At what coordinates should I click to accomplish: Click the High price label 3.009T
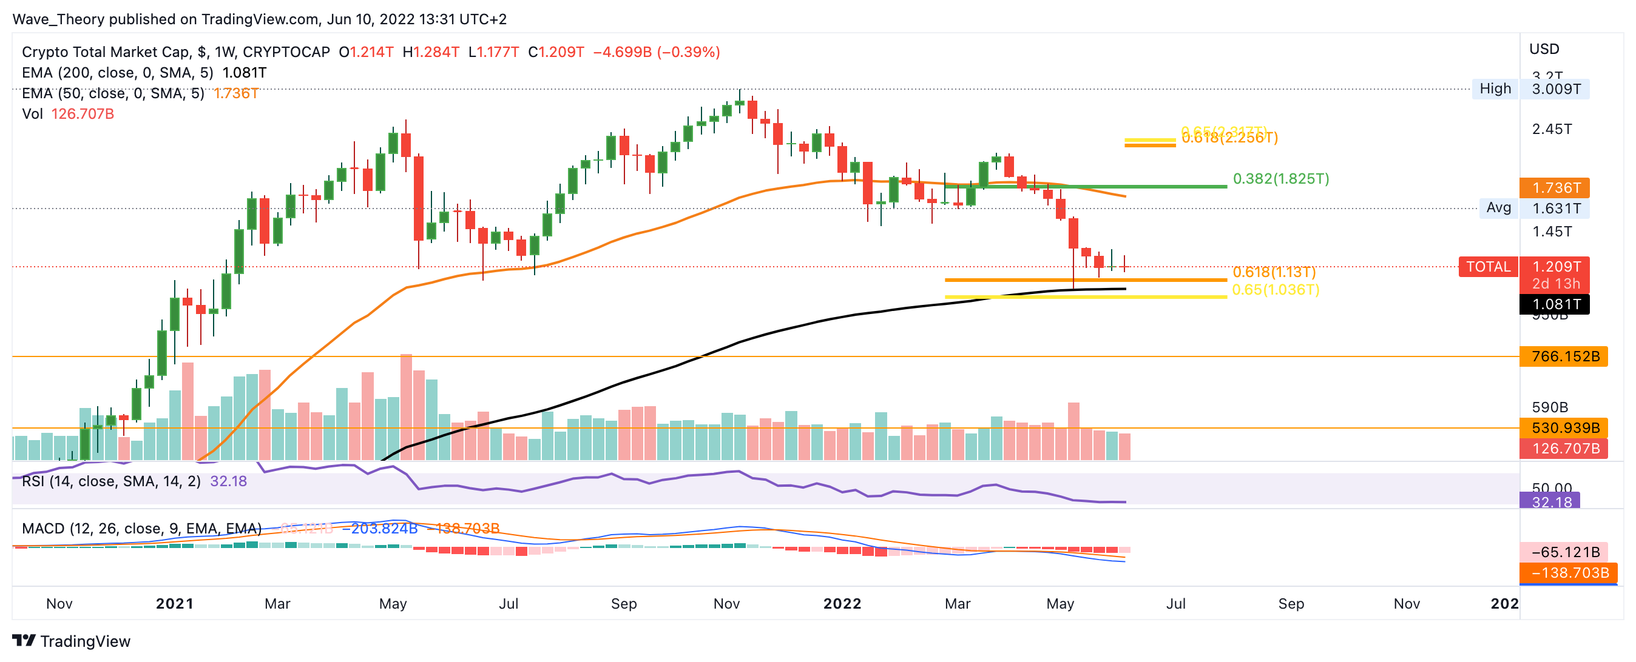pos(1556,89)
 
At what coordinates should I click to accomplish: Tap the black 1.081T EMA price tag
pos(1556,305)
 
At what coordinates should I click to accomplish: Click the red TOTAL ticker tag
pos(1488,267)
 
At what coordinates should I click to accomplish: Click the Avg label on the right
pos(1498,207)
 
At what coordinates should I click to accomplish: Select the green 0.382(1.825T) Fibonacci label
pos(1280,179)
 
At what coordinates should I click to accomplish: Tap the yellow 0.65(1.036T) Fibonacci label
pos(1276,290)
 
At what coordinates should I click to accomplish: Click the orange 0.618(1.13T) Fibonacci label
pos(1273,272)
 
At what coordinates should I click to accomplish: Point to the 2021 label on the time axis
pos(174,604)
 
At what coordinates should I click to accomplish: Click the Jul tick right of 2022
pos(1175,604)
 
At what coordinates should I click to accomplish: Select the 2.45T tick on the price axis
pos(1552,130)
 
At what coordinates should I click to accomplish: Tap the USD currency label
pos(1544,50)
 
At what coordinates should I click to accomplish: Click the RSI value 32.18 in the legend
pos(228,482)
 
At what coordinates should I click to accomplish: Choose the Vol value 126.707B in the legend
pos(83,114)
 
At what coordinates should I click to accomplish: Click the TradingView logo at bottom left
pos(71,641)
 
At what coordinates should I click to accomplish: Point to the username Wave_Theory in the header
pos(58,19)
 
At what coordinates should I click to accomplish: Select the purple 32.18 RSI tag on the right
pos(1550,502)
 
